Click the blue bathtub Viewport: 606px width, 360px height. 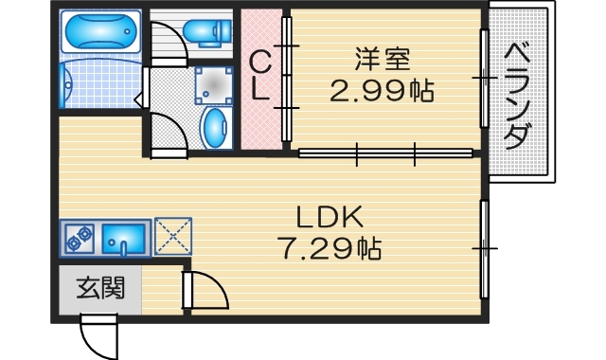[100, 34]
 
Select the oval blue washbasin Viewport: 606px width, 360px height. [217, 126]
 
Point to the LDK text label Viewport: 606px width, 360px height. [329, 217]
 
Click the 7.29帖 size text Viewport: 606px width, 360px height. [329, 249]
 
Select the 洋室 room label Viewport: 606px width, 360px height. [382, 59]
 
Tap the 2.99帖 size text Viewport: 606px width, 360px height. [382, 91]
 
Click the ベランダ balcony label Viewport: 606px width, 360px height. [516, 96]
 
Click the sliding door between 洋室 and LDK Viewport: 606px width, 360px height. [385, 153]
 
